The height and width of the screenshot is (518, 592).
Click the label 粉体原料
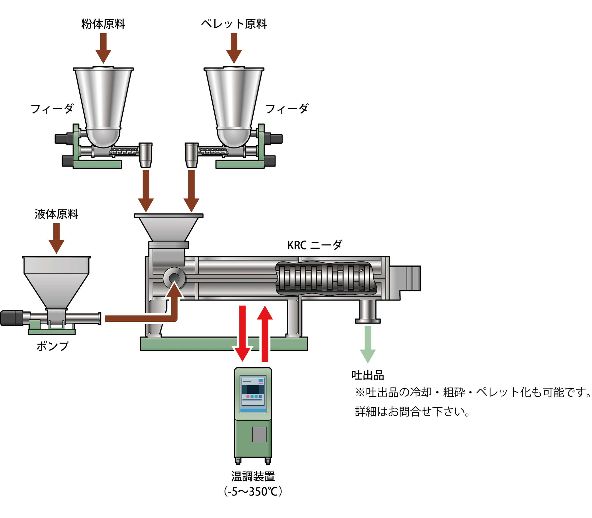coord(103,24)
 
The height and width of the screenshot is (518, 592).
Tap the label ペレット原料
coord(234,24)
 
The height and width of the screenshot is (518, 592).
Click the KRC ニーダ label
coord(314,245)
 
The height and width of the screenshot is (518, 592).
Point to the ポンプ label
coord(53,346)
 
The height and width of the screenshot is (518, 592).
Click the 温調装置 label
coord(253,476)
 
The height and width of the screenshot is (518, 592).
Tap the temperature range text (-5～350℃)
coord(253,492)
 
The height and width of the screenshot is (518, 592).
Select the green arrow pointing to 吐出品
coord(368,344)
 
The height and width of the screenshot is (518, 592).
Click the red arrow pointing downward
coord(242,333)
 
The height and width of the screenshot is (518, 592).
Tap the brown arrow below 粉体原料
coord(103,48)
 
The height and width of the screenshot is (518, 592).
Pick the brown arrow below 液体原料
coord(56,238)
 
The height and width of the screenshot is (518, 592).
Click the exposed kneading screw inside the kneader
coord(324,279)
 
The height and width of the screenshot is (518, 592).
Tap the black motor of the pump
coord(12,318)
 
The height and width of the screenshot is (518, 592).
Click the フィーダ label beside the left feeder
coord(52,109)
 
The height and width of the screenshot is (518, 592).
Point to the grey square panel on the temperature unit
coord(259,434)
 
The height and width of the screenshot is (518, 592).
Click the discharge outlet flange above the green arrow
coord(368,320)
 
